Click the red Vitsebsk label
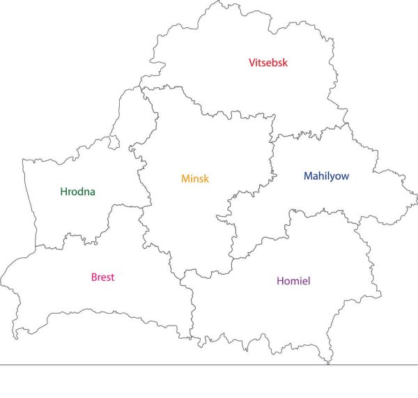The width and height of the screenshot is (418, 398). click(x=268, y=63)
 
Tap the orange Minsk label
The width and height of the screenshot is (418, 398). click(x=195, y=178)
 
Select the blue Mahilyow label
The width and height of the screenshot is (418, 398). click(x=326, y=176)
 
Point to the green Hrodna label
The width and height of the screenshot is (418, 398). click(x=77, y=192)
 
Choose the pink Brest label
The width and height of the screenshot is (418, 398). click(x=102, y=277)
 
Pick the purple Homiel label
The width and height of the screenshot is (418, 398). click(x=293, y=281)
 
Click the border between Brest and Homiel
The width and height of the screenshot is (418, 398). click(x=192, y=307)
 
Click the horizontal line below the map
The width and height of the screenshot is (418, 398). click(x=209, y=364)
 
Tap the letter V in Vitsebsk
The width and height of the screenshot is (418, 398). click(x=252, y=63)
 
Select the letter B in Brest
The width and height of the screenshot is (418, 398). click(x=94, y=277)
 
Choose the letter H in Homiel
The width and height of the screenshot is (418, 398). click(x=280, y=281)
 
